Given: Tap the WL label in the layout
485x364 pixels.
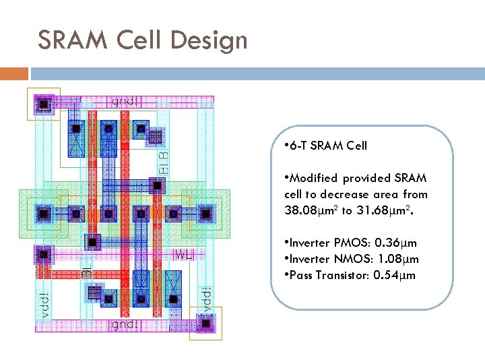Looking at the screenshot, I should [184, 255].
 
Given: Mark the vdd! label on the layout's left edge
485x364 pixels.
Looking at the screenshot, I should [42, 305].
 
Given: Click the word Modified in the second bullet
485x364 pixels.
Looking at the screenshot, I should [314, 178].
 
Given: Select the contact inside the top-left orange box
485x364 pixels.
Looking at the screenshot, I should [44, 104].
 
